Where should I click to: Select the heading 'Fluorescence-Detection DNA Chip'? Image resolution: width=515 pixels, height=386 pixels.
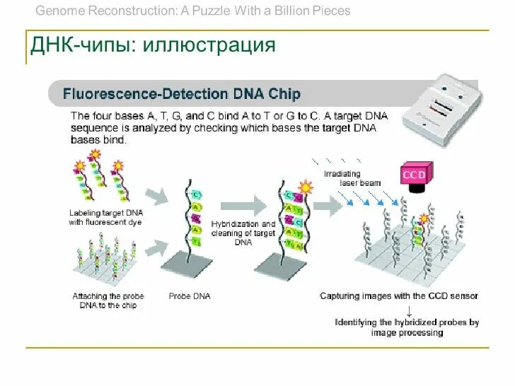tap(182, 94)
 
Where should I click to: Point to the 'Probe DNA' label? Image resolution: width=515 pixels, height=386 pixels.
tap(190, 296)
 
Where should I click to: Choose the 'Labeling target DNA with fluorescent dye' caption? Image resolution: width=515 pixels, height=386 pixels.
tap(105, 218)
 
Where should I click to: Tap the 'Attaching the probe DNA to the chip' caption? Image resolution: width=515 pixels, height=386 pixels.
tap(105, 300)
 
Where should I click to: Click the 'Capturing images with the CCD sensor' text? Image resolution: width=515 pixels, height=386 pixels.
tap(399, 296)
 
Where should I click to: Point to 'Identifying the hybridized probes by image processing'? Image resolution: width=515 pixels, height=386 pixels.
tap(407, 327)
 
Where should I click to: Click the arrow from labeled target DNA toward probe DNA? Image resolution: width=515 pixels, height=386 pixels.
tap(156, 196)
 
